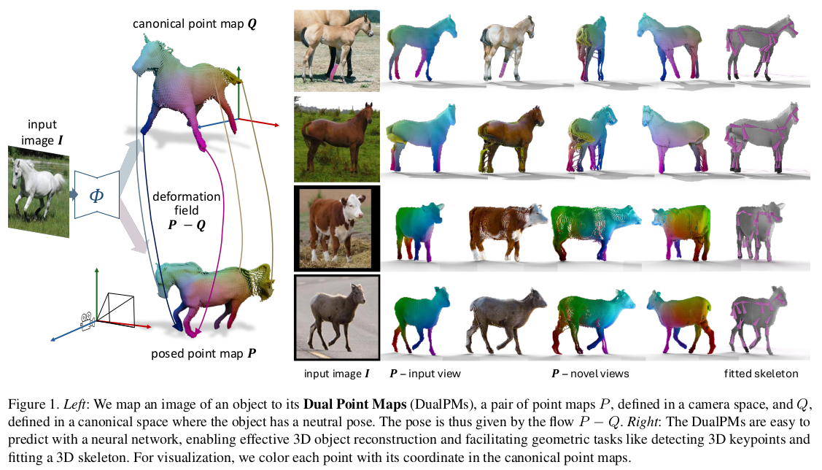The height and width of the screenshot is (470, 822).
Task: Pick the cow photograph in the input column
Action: pyautogui.click(x=337, y=228)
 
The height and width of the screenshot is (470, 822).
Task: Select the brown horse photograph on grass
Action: pyautogui.click(x=337, y=140)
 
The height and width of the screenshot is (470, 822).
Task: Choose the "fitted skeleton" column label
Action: pyautogui.click(x=761, y=374)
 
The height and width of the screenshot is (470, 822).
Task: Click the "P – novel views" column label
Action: pyautogui.click(x=589, y=374)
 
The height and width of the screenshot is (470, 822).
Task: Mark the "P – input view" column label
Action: pyautogui.click(x=425, y=374)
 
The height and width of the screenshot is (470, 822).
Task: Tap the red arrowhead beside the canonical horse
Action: pyautogui.click(x=277, y=125)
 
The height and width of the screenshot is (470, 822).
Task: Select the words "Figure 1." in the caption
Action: pyautogui.click(x=30, y=404)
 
